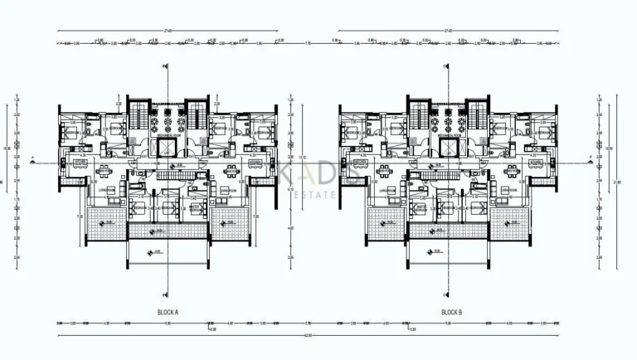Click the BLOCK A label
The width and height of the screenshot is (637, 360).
tap(168, 312)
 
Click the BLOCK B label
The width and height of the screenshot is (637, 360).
tap(450, 312)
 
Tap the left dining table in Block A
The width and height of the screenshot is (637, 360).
tap(105, 172)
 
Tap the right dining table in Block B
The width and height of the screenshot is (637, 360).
tap(512, 172)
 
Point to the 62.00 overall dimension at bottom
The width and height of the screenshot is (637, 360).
tap(308, 335)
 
